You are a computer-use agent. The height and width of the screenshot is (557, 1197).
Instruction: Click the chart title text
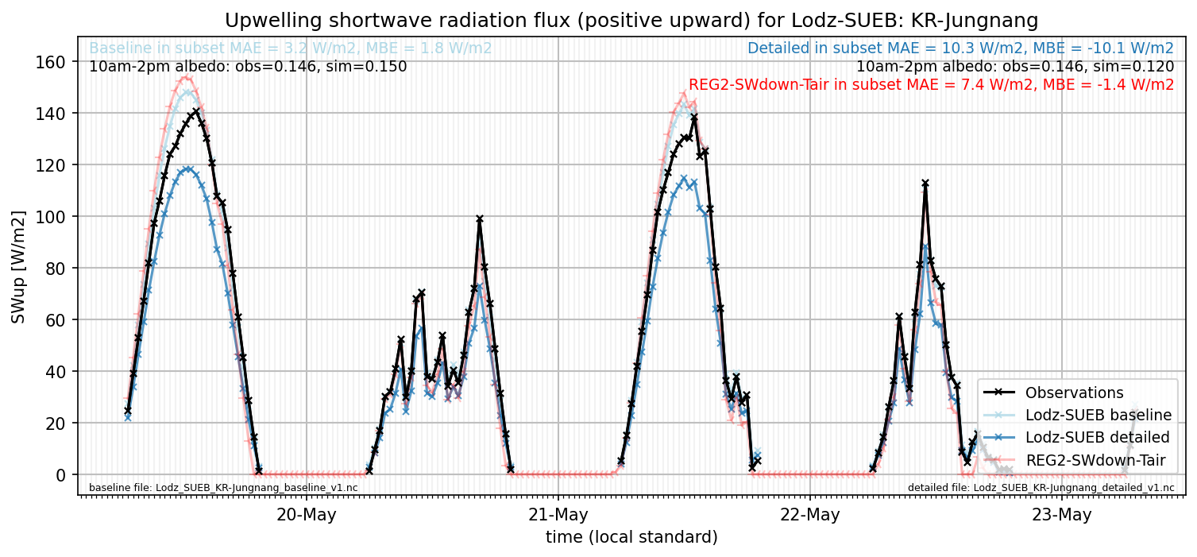tap(631, 21)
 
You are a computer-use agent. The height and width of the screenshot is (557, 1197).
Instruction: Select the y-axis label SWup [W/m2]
tap(18, 267)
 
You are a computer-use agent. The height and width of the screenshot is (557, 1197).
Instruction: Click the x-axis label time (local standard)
tap(631, 536)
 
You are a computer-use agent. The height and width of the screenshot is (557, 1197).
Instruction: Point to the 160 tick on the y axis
tap(50, 62)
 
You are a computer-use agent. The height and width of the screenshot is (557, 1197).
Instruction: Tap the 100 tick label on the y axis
tap(50, 216)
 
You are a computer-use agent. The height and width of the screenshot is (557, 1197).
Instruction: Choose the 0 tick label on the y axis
tap(60, 474)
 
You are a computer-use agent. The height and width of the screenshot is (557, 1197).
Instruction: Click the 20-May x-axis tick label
tap(306, 515)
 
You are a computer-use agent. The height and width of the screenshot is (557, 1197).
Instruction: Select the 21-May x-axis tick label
tap(558, 515)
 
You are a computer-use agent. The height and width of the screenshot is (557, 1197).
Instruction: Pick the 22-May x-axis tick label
tap(809, 515)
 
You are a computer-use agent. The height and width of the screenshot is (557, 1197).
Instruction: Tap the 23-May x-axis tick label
tap(1061, 515)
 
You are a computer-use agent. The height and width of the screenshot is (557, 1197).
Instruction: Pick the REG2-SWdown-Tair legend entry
tap(1075, 460)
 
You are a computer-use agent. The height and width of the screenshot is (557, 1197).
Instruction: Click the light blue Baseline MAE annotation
tap(290, 48)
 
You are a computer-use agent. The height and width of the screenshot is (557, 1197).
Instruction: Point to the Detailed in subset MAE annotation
tap(960, 48)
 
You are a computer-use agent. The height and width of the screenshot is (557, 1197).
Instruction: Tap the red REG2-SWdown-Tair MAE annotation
tap(931, 84)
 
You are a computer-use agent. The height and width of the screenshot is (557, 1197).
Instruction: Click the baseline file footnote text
tap(223, 488)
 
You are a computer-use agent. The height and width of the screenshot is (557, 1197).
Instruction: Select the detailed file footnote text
tap(1041, 488)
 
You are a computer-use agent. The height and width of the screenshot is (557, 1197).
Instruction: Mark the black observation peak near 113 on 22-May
tap(925, 184)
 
